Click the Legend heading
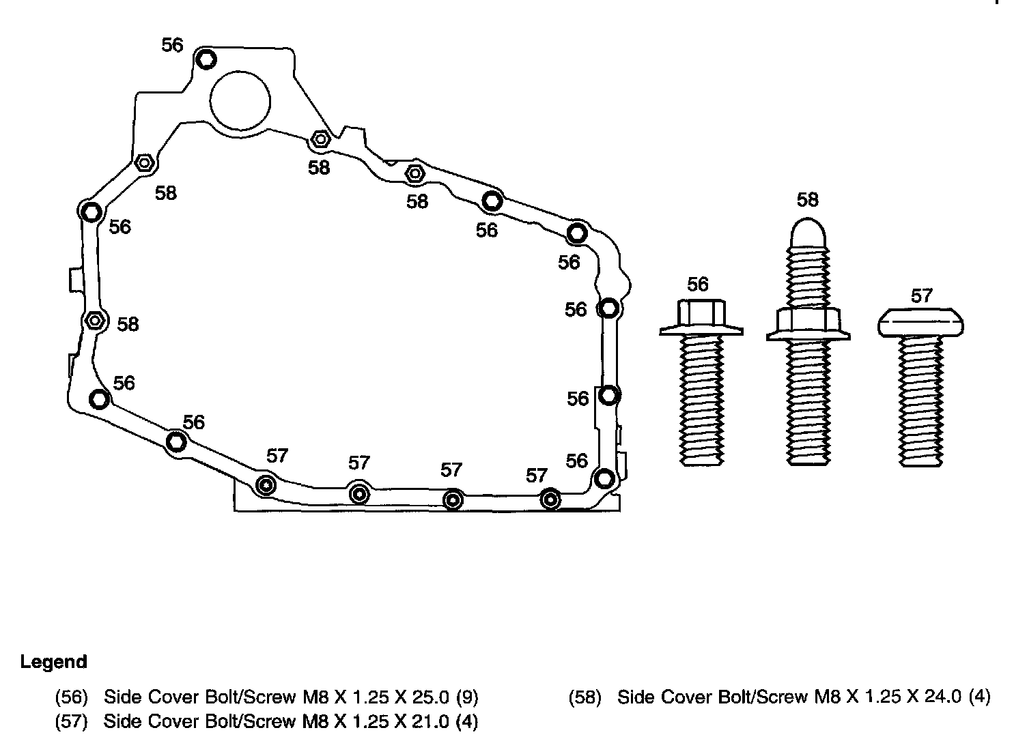53,662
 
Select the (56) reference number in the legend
72,697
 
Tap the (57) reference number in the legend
72,721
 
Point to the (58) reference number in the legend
585,697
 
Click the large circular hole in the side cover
240,100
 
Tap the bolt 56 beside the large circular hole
206,60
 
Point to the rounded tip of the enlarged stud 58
808,232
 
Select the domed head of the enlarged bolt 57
921,322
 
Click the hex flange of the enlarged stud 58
808,324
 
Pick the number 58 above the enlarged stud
808,200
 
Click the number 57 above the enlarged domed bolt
921,295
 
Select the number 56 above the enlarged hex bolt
698,284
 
